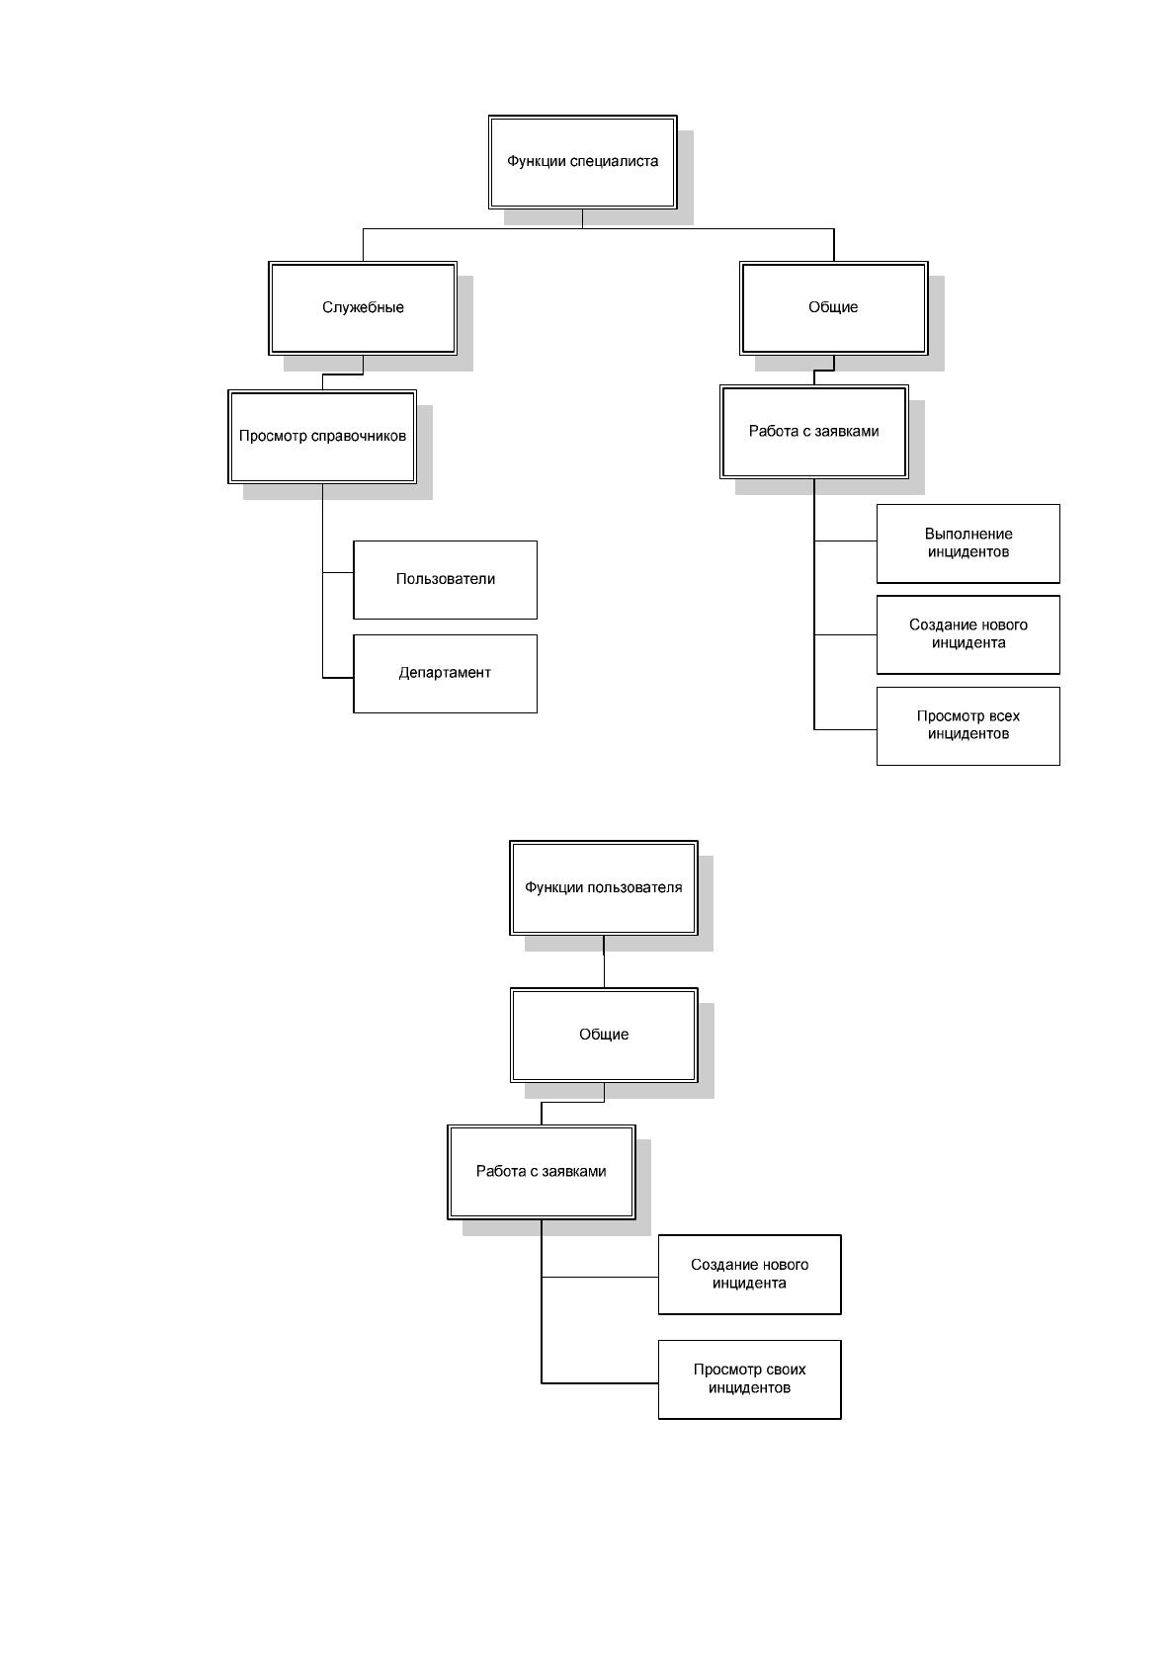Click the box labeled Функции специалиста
(582, 162)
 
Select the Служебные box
(363, 308)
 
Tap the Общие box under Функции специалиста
(833, 308)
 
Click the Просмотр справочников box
(322, 437)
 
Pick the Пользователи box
(445, 580)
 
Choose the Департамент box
(445, 674)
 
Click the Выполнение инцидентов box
(968, 543)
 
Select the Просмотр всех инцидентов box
(968, 725)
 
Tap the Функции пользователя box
(603, 887)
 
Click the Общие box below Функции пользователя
(604, 1035)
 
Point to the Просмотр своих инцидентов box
(750, 1379)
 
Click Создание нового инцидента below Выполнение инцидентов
(968, 634)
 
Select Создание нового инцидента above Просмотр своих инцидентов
(750, 1275)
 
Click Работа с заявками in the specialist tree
(814, 432)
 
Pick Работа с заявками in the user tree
(541, 1172)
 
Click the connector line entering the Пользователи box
(338, 573)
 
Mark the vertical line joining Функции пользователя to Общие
(604, 961)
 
